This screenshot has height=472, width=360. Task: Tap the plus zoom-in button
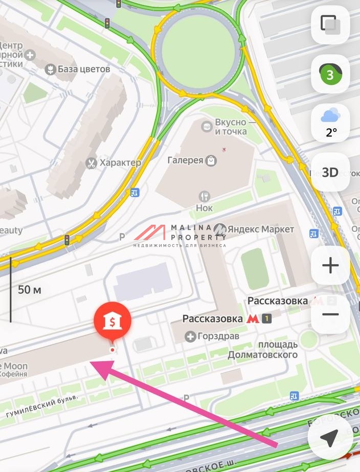[x=330, y=265]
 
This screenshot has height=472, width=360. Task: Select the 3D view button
[x=330, y=172]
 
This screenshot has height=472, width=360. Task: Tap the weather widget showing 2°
[x=330, y=123]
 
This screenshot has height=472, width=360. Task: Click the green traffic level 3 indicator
[x=330, y=75]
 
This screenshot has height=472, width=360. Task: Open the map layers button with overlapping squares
[x=330, y=25]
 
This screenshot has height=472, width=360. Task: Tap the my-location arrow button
[x=330, y=437]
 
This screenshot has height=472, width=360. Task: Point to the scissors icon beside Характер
[x=91, y=163]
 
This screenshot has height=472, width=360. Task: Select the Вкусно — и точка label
[x=230, y=127]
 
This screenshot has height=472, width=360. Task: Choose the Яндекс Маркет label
[x=260, y=229]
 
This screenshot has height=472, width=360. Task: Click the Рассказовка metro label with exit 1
[x=213, y=319]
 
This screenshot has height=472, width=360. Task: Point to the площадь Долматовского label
[x=263, y=349]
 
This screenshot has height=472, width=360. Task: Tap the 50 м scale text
[x=30, y=290]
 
